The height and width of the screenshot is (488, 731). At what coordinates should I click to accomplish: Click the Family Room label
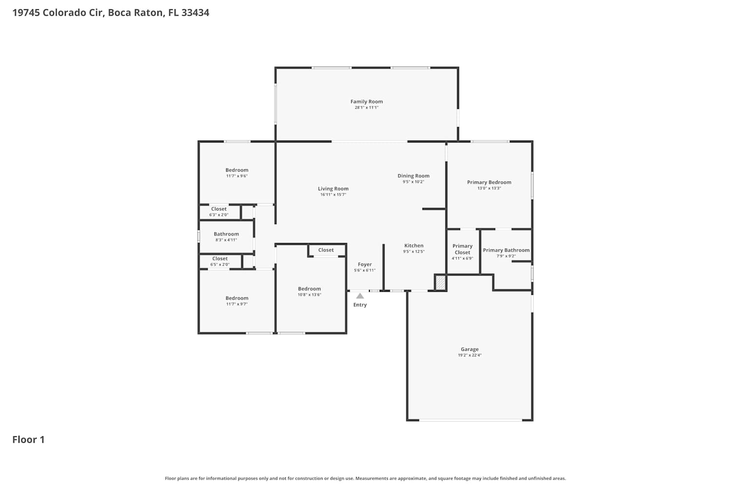coord(366,102)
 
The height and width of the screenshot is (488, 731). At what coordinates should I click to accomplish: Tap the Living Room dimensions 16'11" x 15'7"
coord(333,195)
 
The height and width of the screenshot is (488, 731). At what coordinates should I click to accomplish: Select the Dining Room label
coord(413,176)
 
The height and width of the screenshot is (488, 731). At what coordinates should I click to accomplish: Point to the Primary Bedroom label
coord(489,183)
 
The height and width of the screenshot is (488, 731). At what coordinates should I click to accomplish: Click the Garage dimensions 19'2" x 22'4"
coord(470,355)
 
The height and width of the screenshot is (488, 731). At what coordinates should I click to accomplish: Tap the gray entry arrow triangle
coord(360,296)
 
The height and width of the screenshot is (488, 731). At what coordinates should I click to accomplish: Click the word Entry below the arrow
coord(360,305)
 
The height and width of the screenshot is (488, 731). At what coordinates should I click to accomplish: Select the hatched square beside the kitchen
coord(441,283)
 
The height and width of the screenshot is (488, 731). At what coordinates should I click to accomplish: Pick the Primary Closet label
coord(462,249)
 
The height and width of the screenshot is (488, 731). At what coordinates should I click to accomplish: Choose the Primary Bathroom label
coord(506,250)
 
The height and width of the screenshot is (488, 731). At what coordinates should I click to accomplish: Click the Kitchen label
coord(414,245)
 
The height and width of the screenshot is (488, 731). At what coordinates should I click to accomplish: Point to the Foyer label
coord(365,264)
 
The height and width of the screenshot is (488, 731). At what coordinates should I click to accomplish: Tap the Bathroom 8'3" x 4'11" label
coord(226,237)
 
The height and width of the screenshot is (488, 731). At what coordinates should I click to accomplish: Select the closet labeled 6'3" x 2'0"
coord(219,211)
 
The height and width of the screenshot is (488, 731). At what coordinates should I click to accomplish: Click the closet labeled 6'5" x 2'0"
coord(220,261)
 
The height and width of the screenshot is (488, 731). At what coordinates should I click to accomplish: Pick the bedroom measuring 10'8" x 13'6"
coord(309,291)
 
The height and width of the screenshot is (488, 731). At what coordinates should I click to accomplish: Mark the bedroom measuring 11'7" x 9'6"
coord(237,173)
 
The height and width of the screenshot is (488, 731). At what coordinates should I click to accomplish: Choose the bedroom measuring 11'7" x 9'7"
coord(237,301)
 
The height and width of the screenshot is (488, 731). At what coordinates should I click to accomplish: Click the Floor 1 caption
coord(28,440)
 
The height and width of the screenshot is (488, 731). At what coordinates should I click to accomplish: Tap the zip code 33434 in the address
coord(195,12)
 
